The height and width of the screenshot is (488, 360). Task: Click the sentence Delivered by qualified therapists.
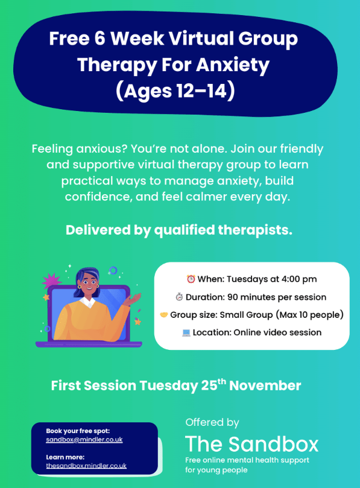tap(179, 230)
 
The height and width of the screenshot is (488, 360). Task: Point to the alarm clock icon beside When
tap(191, 279)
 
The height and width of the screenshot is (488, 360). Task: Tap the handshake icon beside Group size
tap(163, 315)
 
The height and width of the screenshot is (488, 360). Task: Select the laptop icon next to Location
tap(186, 332)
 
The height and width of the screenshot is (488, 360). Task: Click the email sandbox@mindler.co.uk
tap(84, 440)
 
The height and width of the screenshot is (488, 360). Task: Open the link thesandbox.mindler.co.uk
tap(86, 466)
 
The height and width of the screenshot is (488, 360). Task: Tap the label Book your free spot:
tap(78, 431)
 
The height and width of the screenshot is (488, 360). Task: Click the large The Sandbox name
tap(251, 444)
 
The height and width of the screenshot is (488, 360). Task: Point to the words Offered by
tap(212, 422)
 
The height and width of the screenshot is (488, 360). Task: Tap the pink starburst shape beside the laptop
tap(51, 282)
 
